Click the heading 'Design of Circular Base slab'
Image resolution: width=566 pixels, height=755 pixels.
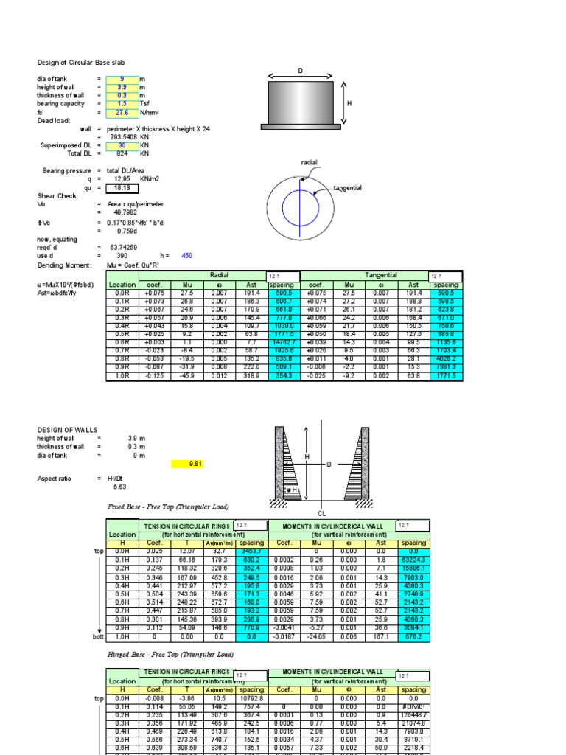coord(81,63)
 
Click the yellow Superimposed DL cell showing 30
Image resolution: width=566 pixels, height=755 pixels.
coord(122,145)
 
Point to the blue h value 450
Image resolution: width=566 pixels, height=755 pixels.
coord(186,255)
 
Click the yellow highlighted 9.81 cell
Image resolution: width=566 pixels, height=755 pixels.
coord(195,464)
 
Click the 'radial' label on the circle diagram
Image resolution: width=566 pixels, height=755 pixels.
coord(309,161)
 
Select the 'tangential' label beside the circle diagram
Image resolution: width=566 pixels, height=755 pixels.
coord(347,188)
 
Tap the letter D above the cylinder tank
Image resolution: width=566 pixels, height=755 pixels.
coord(300,71)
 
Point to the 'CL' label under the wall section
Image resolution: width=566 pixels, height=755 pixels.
coord(321,512)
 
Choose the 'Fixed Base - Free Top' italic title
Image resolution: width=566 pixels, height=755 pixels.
coord(168,507)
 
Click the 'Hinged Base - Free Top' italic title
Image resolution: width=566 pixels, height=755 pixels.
coord(170,654)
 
